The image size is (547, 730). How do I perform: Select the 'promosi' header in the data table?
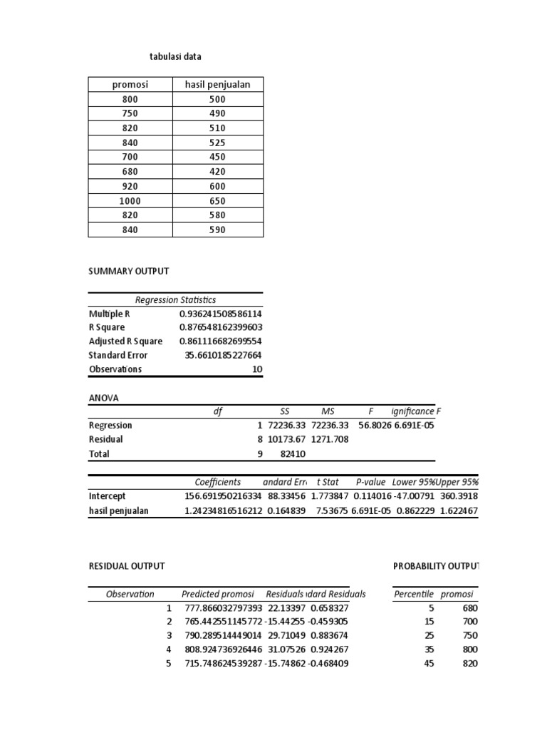(130, 85)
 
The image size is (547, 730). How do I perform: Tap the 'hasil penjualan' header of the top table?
(218, 85)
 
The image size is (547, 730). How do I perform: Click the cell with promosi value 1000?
(130, 201)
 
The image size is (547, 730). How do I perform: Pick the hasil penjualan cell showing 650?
(218, 201)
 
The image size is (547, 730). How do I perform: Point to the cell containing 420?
(218, 172)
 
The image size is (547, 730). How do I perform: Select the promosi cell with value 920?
(130, 186)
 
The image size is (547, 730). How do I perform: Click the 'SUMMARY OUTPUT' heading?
(128, 272)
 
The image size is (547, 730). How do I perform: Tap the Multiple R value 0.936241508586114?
(221, 314)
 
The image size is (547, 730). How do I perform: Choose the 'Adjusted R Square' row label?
(125, 341)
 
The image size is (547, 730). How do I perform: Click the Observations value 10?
(257, 369)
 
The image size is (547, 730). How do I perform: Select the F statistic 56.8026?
(370, 426)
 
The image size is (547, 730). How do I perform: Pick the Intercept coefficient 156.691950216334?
(221, 496)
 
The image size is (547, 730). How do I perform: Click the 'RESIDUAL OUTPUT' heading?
(127, 566)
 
